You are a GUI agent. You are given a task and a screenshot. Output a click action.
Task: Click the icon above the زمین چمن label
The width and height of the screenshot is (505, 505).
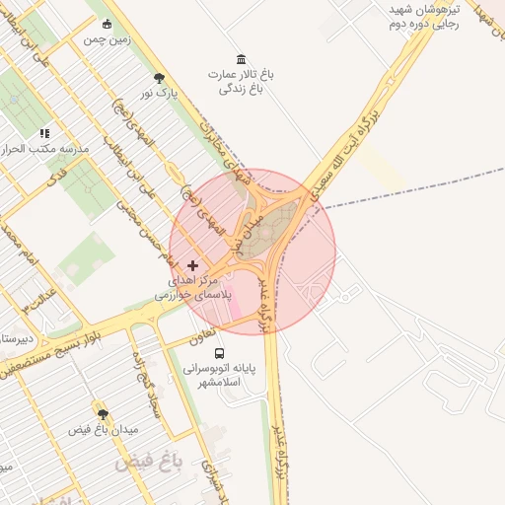108,25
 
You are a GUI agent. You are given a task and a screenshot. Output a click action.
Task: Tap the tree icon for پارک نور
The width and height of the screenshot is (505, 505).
160,78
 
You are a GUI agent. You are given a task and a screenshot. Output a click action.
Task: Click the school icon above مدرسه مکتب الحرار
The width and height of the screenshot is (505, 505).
44,132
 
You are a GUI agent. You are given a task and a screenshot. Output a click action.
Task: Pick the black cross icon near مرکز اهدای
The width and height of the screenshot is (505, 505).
192,265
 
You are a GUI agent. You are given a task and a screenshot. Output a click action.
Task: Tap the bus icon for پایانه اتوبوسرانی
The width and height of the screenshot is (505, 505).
219,352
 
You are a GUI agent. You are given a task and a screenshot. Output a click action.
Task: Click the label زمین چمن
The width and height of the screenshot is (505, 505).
108,38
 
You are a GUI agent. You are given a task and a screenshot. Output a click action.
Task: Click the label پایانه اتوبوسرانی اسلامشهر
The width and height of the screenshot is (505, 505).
219,375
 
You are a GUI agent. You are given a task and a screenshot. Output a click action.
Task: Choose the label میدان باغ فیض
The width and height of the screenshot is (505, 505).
104,430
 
